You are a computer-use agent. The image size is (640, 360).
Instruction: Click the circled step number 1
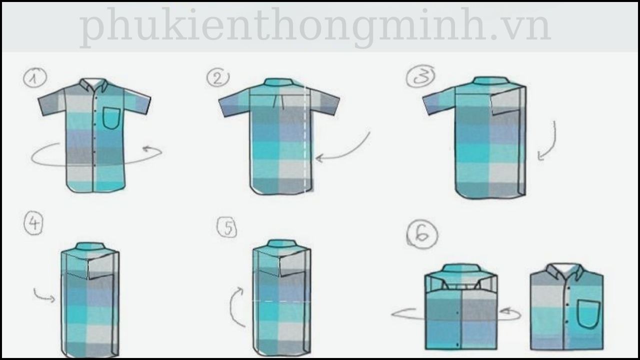coord(34,78)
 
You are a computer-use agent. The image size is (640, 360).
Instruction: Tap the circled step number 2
coord(217,77)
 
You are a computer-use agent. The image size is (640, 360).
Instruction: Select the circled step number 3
coord(420,76)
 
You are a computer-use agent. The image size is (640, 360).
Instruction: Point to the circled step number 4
coord(33,223)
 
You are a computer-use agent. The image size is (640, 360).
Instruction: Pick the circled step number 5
coord(227,227)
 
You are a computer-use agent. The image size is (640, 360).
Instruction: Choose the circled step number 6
coord(421,234)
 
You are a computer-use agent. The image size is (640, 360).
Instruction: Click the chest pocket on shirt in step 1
coord(111,118)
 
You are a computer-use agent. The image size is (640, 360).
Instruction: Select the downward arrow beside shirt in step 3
coord(547,141)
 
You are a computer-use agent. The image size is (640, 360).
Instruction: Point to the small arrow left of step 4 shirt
coord(44,295)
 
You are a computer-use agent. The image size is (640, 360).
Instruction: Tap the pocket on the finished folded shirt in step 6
coord(588,314)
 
